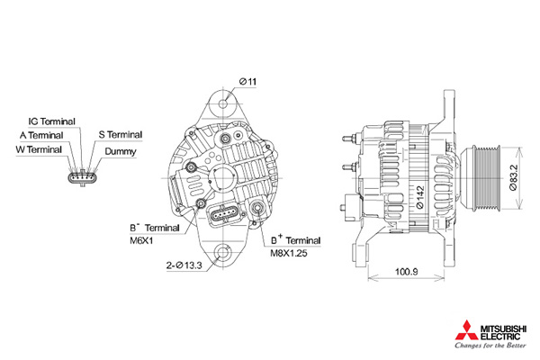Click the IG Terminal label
(51, 121)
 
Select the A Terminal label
(41, 135)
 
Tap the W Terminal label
(39, 150)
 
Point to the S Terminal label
(121, 135)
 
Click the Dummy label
(121, 151)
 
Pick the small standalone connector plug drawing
(83, 178)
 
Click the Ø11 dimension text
(248, 82)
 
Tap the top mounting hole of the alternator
(224, 103)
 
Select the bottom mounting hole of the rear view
(222, 253)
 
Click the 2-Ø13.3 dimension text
(184, 265)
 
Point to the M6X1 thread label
(141, 240)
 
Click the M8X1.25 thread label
(288, 253)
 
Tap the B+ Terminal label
(295, 239)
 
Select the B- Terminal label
(155, 228)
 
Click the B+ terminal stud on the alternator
(257, 208)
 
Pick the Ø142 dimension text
(419, 197)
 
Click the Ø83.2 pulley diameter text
(513, 177)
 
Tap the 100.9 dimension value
(407, 272)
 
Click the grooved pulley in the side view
(482, 177)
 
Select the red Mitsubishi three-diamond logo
(466, 330)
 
